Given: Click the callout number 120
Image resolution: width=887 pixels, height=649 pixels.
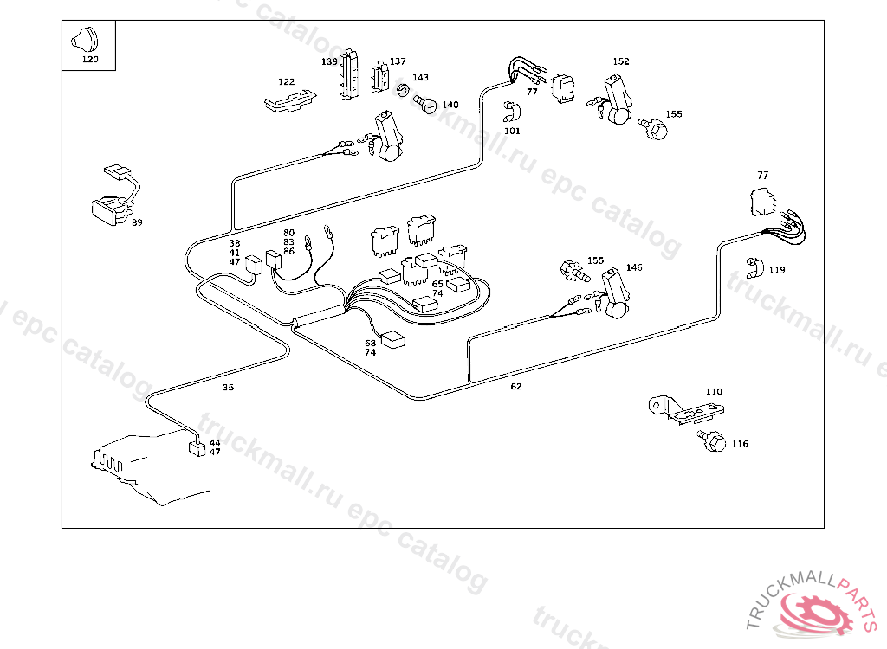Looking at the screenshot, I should [90, 60].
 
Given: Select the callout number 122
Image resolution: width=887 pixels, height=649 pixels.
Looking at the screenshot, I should [286, 81].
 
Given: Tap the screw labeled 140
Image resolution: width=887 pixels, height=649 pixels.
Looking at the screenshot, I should [425, 105].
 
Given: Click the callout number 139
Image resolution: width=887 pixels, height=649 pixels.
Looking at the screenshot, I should [329, 61].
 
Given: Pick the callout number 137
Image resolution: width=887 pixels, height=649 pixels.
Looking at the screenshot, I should [397, 61].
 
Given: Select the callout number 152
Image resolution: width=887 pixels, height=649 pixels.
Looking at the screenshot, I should [621, 61].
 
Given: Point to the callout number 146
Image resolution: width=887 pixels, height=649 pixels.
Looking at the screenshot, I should [634, 267].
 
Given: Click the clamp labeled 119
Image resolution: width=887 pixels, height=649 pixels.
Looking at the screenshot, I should [752, 267].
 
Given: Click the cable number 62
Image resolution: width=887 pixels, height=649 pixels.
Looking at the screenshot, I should [516, 386].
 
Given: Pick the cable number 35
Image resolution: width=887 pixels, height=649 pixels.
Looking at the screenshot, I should [228, 387].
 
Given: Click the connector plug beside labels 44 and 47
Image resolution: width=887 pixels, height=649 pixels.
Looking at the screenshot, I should [197, 447].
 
